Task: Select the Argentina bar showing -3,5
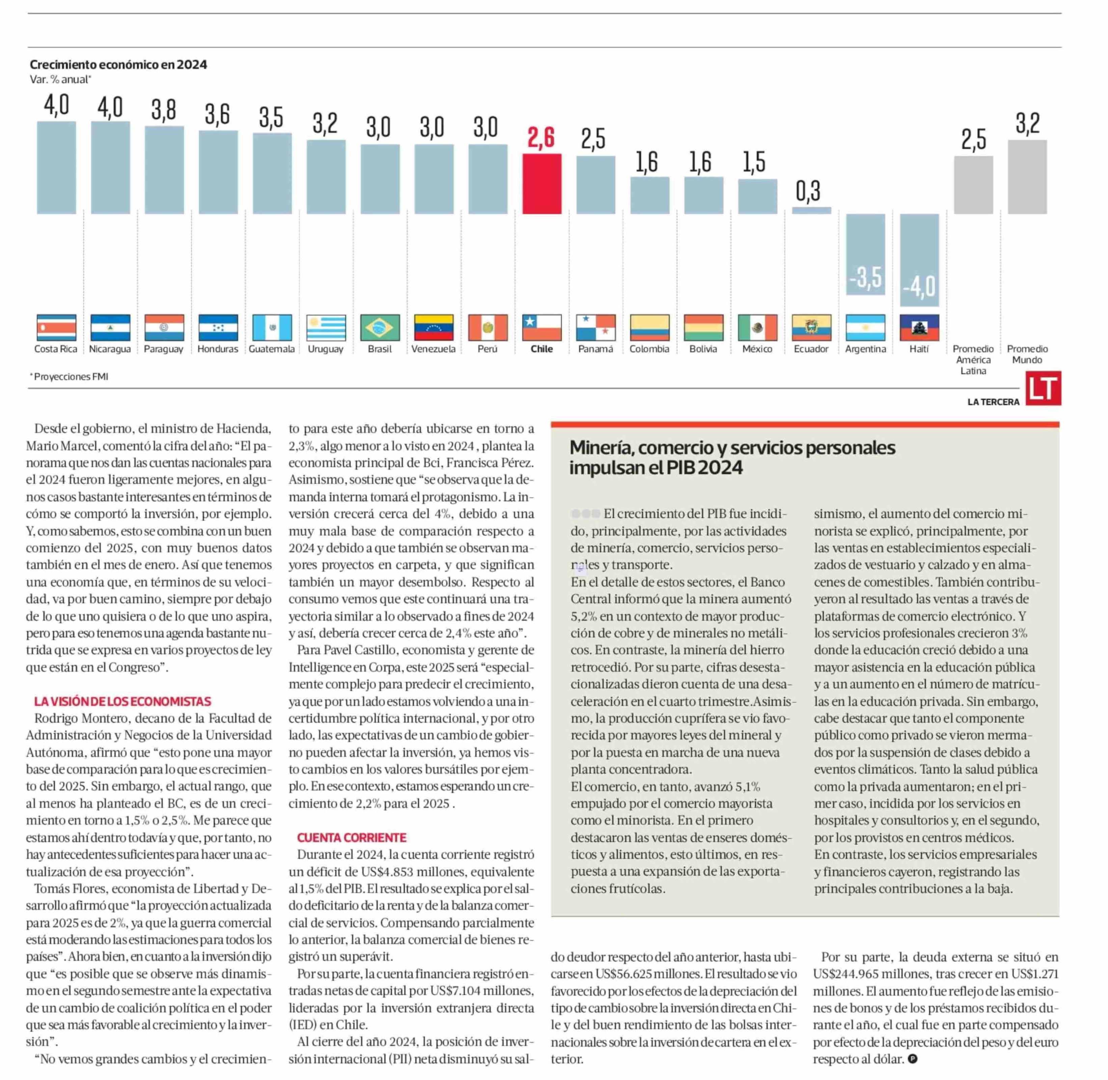(x=865, y=254)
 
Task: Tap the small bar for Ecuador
(x=811, y=211)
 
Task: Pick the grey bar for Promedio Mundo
(x=1027, y=177)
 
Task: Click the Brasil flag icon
(x=379, y=328)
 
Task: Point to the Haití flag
(x=919, y=328)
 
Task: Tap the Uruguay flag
(x=326, y=328)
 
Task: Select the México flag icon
(x=757, y=328)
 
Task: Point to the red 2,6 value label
(x=541, y=138)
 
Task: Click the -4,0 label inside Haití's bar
(x=919, y=287)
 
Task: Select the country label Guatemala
(x=272, y=349)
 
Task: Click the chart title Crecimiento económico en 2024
(x=118, y=65)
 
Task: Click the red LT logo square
(x=1043, y=388)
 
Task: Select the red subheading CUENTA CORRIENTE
(x=352, y=837)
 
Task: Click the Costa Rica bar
(x=56, y=167)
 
